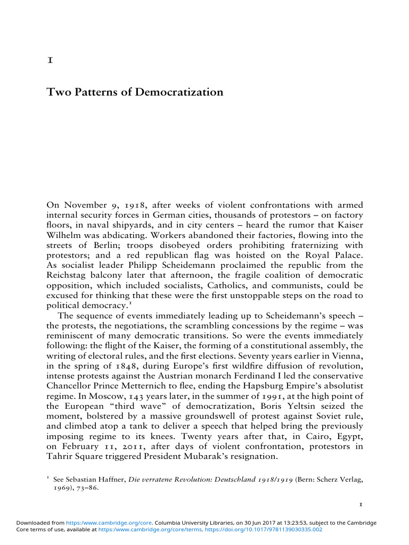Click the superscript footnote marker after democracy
pyautogui.click(x=131, y=303)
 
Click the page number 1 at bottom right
pyautogui.click(x=360, y=503)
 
